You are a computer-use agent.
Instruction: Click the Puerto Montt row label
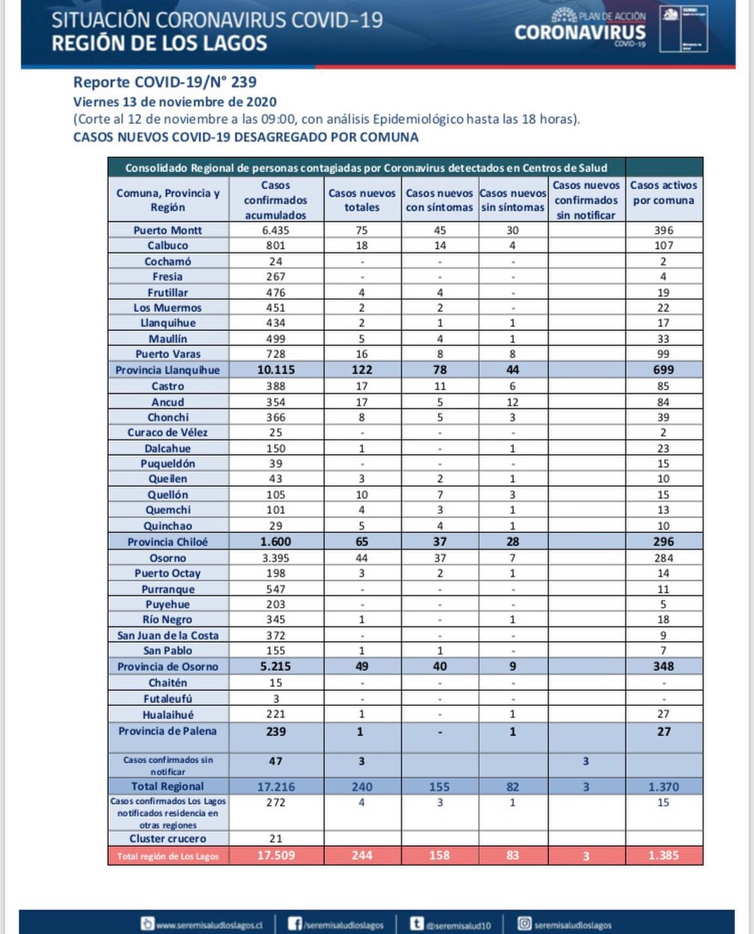point(168,230)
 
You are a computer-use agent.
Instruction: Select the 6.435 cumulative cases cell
point(275,230)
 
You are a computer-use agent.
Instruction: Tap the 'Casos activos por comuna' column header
point(664,193)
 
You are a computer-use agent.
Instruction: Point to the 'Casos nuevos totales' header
point(362,200)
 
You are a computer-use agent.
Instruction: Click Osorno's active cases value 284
point(664,558)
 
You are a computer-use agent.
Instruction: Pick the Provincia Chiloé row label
point(168,541)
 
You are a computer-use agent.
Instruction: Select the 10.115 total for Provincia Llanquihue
point(275,370)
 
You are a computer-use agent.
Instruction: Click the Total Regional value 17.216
point(275,787)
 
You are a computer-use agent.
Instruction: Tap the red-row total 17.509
point(275,855)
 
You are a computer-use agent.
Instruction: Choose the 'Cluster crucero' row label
point(168,838)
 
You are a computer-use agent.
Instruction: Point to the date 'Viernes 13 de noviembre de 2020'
point(174,102)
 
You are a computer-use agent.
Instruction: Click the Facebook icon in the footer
point(295,924)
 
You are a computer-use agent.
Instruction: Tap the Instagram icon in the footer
point(525,924)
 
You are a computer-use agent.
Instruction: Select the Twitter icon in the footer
point(416,924)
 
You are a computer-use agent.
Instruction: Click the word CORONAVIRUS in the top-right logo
point(580,32)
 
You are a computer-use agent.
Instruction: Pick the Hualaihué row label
point(168,714)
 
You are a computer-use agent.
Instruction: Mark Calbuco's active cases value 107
point(664,245)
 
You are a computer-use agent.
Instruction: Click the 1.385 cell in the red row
point(664,855)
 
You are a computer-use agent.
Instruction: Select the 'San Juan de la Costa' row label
point(168,635)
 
